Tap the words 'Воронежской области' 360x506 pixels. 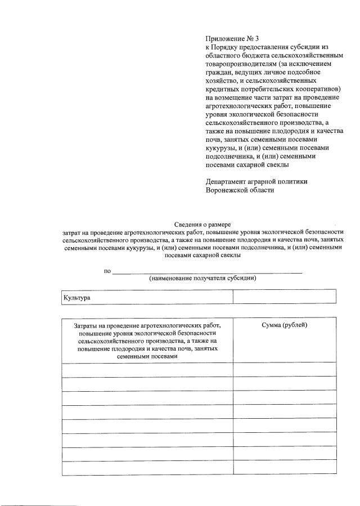[240, 190]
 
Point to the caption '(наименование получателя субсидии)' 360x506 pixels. [202, 279]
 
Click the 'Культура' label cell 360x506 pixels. [77, 297]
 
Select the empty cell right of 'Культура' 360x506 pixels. [284, 297]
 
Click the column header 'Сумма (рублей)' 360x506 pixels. [285, 325]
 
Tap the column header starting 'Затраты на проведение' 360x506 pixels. [147, 325]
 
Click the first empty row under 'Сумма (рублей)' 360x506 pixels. [285, 370]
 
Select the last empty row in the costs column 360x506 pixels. [147, 468]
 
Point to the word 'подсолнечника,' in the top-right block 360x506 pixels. [231, 156]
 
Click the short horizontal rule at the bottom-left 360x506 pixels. [25, 504]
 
